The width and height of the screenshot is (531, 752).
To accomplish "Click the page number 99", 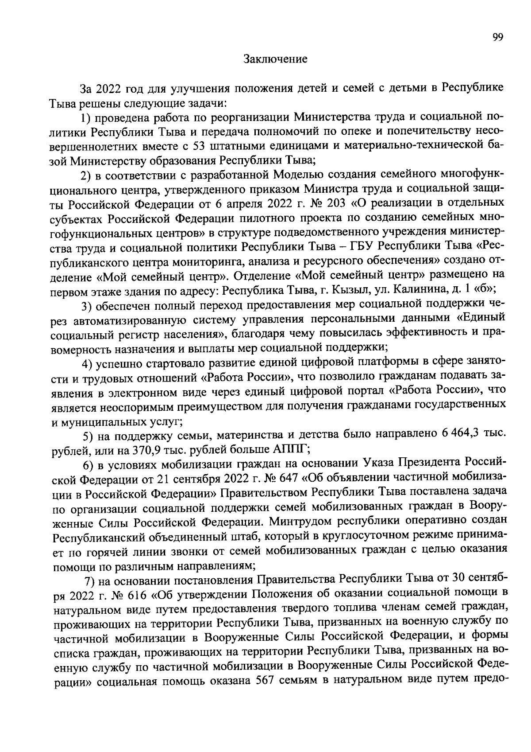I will [x=497, y=38].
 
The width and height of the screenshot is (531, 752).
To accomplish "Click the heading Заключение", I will [x=275, y=59].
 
